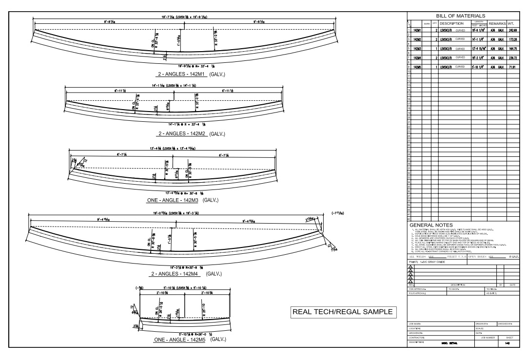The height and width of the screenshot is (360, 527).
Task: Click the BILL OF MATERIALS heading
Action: click(464, 16)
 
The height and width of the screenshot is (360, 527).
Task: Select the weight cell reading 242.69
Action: click(512, 30)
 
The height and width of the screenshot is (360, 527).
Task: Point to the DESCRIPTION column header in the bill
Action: click(454, 23)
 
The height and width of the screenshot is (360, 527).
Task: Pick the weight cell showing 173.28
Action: click(512, 39)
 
